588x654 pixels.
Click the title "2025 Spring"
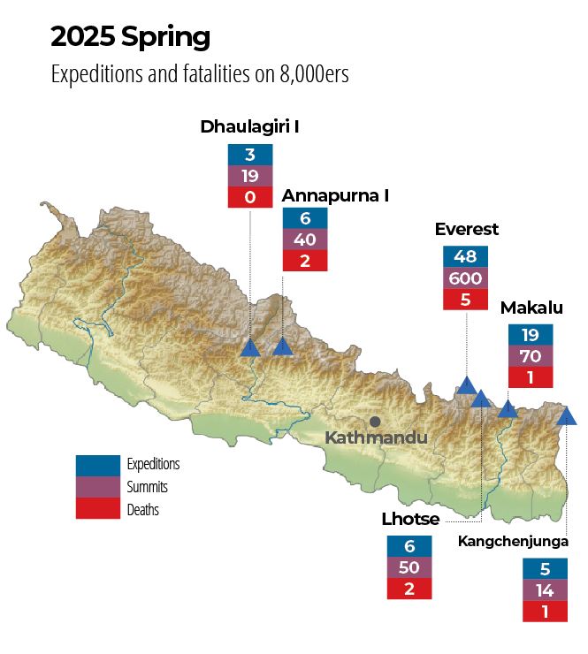pos(130,37)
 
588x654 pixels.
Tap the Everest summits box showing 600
pos(465,278)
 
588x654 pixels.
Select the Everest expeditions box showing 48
pos(465,257)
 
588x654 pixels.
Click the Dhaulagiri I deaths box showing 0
pos(249,197)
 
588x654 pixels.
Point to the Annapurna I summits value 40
pos(305,239)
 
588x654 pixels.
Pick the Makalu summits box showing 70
pos(531,356)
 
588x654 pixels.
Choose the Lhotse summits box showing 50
pos(409,567)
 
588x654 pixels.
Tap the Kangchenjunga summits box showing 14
pos(545,589)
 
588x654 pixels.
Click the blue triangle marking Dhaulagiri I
pos(250,347)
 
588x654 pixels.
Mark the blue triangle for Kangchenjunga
pos(566,414)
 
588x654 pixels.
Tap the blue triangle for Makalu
pos(508,408)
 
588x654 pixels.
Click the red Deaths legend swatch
pos(97,509)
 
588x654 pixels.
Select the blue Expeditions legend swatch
pos(97,464)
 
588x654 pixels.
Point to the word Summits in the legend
pos(147,487)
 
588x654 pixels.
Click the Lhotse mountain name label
pos(410,519)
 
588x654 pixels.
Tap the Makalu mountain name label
pos(531,308)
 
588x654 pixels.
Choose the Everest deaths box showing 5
pos(465,300)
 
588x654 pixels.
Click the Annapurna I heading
pos(335,195)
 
